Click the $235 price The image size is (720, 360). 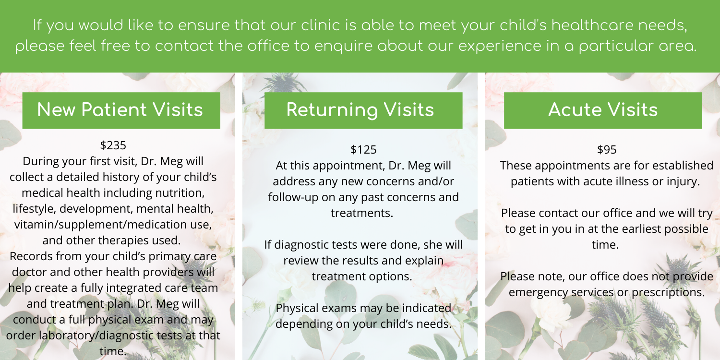[113, 145]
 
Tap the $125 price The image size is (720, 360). [363, 149]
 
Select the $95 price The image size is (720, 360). [607, 149]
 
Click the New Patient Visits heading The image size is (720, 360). [120, 109]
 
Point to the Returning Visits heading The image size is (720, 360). [360, 109]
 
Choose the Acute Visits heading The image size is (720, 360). [603, 109]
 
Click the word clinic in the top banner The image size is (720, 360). [321, 25]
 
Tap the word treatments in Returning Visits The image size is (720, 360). [362, 213]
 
